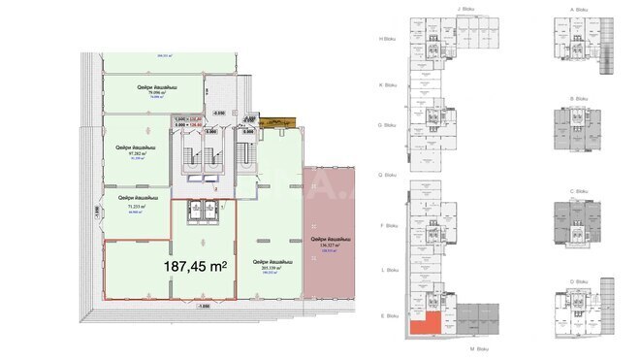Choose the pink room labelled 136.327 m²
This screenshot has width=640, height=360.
tap(330, 242)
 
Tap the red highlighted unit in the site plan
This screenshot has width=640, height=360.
tap(424, 324)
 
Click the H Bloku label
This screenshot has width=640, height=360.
tap(387, 39)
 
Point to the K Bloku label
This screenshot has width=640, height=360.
tap(387, 84)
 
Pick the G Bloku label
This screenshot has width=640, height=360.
tap(387, 125)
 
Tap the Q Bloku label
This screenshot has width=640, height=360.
tap(387, 176)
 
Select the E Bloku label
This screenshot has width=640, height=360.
tap(387, 315)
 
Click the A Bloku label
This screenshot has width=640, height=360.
tap(579, 9)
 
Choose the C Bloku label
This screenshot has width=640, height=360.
tap(579, 192)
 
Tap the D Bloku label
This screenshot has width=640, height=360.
tap(579, 281)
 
